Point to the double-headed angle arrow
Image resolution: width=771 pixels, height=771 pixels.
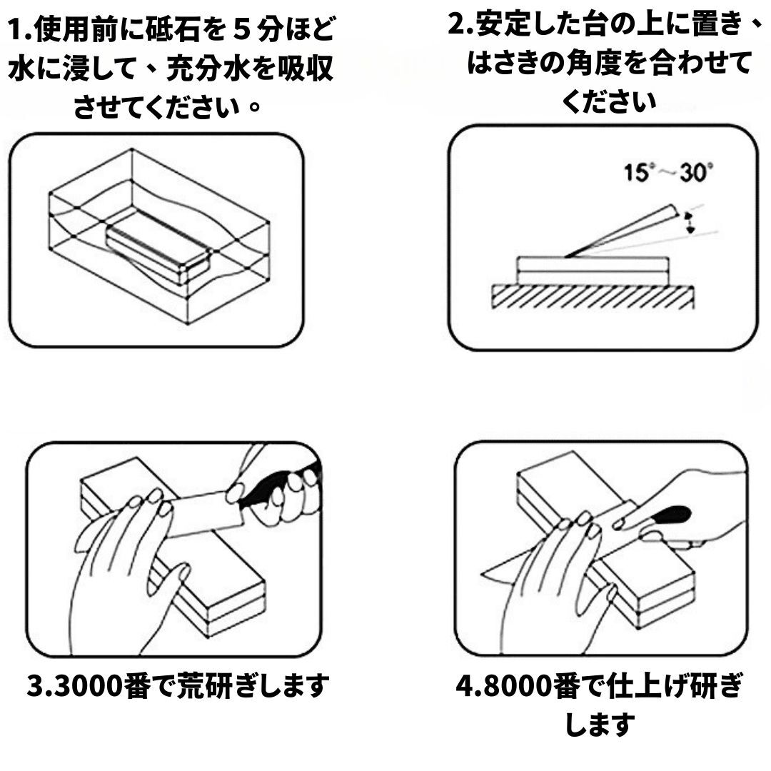690,223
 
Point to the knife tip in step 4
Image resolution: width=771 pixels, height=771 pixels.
488,571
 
